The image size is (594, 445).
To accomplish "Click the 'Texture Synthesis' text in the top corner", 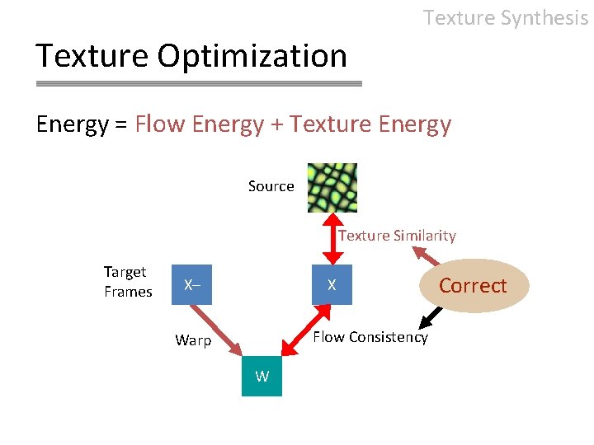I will pos(505,17).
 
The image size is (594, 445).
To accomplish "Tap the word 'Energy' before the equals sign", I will pos(72,124).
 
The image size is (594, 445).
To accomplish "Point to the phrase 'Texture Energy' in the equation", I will pos(370,124).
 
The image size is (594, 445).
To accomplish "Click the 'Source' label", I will pos(271,186).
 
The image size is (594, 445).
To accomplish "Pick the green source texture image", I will pos(332,187).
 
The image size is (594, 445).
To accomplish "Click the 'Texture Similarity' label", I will pos(397,236).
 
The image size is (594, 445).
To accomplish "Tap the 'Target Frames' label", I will pos(127,282).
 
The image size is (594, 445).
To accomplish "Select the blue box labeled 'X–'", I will pos(191,285).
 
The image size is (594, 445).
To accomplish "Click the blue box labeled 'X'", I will pos(332,285).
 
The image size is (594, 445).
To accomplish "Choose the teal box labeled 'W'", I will pos(262,377).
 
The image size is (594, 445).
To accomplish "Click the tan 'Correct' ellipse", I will pos(473,286).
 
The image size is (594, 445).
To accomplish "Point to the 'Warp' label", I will pos(193,340).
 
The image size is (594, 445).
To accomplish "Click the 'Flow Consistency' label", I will pos(370,337).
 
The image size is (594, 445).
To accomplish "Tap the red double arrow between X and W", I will pos(300,330).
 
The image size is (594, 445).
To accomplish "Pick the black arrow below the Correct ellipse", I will pos(431,317).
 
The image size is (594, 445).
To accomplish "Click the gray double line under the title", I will pos(199,84).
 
